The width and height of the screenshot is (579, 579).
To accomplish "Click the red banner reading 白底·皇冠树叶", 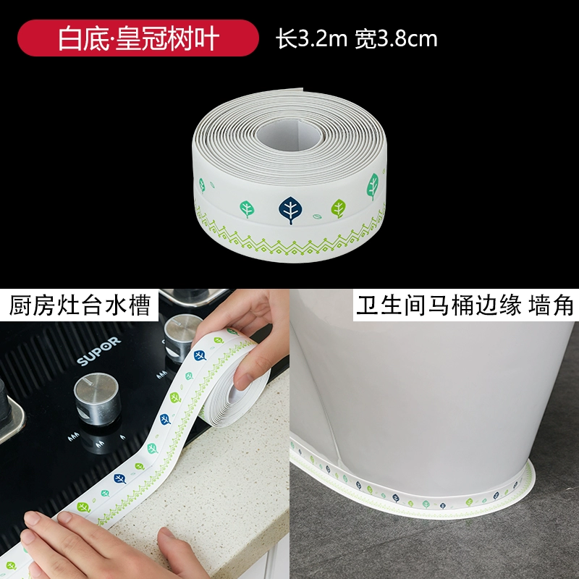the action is pyautogui.click(x=138, y=38).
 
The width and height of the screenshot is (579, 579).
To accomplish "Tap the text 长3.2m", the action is pyautogui.click(x=311, y=39).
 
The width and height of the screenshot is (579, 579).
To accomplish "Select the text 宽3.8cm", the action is pyautogui.click(x=396, y=39).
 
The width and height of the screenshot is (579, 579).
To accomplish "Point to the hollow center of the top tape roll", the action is pyautogui.click(x=289, y=134).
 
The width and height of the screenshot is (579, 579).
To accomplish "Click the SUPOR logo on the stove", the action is pyautogui.click(x=98, y=351).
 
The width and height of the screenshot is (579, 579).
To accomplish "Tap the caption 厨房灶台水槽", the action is pyautogui.click(x=80, y=305).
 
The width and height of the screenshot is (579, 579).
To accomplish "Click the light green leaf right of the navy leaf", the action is pyautogui.click(x=338, y=208).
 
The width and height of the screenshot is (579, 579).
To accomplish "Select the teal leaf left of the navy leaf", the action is pyautogui.click(x=247, y=209).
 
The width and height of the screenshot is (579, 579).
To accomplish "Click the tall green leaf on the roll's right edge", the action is pyautogui.click(x=373, y=186).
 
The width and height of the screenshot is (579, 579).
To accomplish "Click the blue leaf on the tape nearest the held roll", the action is pyautogui.click(x=200, y=355).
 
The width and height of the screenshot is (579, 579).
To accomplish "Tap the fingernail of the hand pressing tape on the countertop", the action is pyautogui.click(x=165, y=533).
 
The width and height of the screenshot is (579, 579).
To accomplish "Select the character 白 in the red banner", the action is pyautogui.click(x=69, y=38).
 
